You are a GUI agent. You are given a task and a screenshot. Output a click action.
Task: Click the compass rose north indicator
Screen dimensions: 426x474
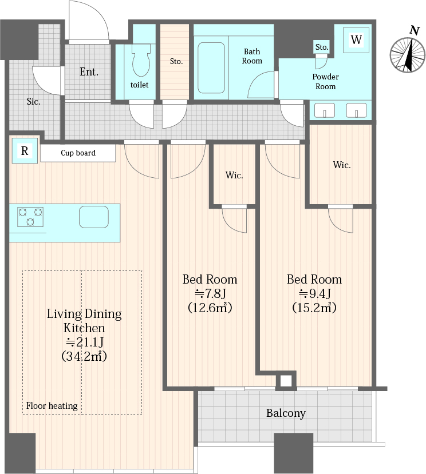[408, 54]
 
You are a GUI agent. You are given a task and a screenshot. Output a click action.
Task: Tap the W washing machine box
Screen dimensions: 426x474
[356, 40]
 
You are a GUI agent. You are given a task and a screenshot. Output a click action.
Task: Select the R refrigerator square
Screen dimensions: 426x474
[25, 150]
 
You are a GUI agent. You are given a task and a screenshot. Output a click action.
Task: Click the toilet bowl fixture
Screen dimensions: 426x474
[141, 60]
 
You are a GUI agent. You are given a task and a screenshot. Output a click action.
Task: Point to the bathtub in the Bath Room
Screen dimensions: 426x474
[211, 67]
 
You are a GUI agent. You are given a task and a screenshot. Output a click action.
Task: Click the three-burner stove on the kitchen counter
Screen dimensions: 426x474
[30, 217]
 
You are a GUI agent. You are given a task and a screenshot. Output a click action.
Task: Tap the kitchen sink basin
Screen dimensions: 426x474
[94, 217]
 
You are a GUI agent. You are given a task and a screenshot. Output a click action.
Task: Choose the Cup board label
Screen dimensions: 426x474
[78, 153]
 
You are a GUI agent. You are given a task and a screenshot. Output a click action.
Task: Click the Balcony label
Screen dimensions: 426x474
[286, 413]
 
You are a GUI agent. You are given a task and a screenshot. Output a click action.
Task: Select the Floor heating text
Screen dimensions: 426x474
[52, 406]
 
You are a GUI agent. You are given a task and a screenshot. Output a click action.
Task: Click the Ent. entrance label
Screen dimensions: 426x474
[89, 71]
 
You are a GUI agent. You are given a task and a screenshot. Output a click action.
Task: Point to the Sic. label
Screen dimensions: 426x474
[33, 101]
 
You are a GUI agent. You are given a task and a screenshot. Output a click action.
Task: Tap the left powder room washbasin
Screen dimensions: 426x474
[325, 110]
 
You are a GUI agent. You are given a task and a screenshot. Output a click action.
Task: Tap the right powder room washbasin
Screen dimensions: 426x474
[356, 110]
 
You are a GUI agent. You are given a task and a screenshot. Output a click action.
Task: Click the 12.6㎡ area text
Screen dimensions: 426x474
[210, 308]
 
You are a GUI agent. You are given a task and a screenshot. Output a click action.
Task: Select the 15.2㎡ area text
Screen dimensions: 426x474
[314, 308]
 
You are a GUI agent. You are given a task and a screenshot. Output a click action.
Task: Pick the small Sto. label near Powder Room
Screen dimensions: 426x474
[322, 47]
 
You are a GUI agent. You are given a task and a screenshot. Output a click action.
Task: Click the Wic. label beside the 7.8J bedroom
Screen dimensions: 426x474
[234, 176]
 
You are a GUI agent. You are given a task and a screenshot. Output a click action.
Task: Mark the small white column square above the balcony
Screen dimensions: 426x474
[286, 381]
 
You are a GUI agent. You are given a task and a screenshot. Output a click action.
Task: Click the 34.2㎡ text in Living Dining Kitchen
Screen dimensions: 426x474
[84, 356]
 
